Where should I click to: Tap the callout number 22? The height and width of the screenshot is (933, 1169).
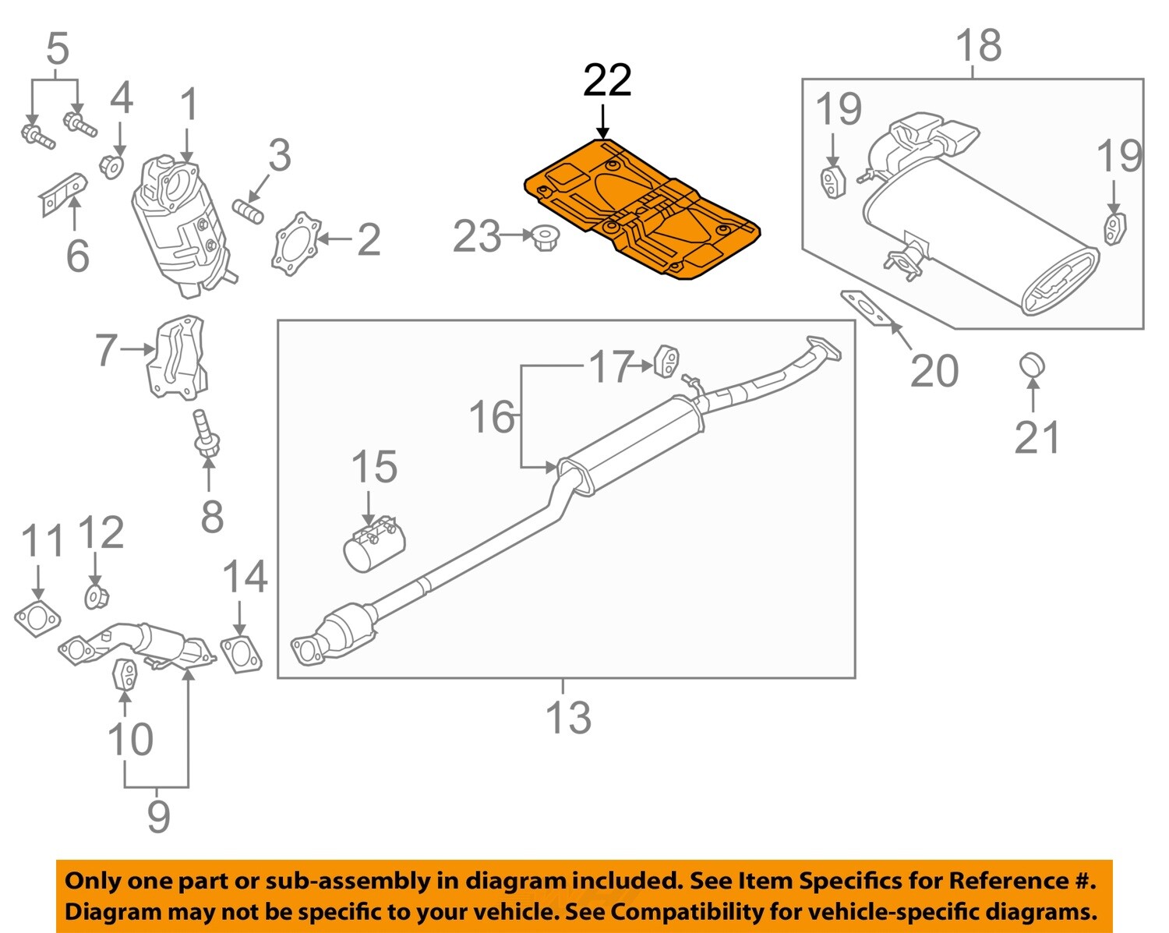[x=607, y=80]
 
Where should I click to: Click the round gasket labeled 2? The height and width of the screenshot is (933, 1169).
[x=296, y=242]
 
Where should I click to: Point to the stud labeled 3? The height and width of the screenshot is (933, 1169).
[x=248, y=210]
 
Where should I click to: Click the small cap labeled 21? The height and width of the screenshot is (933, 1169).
[x=1032, y=365]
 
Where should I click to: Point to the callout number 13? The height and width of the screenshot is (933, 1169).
[x=568, y=718]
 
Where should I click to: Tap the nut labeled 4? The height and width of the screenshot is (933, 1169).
[x=112, y=166]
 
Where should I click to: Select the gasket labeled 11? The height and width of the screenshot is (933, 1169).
[x=37, y=618]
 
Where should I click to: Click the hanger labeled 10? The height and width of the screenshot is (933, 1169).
[x=125, y=674]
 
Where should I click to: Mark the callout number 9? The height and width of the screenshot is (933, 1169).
[x=158, y=816]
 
